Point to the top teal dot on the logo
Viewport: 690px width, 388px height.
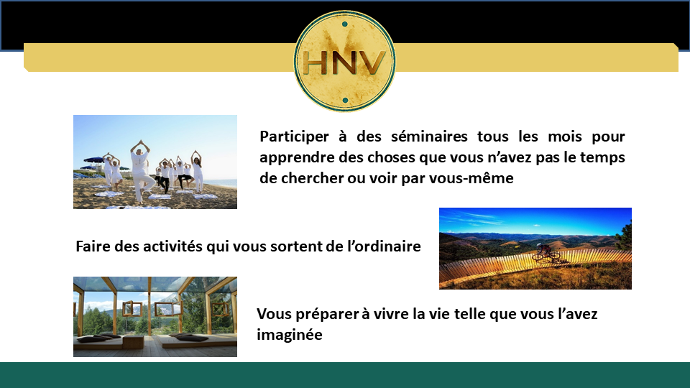click(344, 24)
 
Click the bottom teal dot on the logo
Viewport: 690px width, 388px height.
click(345, 101)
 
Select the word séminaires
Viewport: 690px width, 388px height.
click(429, 137)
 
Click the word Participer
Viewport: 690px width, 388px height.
click(294, 137)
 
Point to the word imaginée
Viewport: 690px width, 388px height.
click(290, 335)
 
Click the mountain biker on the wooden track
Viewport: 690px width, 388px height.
click(546, 254)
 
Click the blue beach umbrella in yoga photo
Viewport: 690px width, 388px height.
click(93, 160)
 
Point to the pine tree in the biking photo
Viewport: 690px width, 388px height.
click(624, 236)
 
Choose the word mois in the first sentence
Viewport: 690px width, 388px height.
click(565, 137)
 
